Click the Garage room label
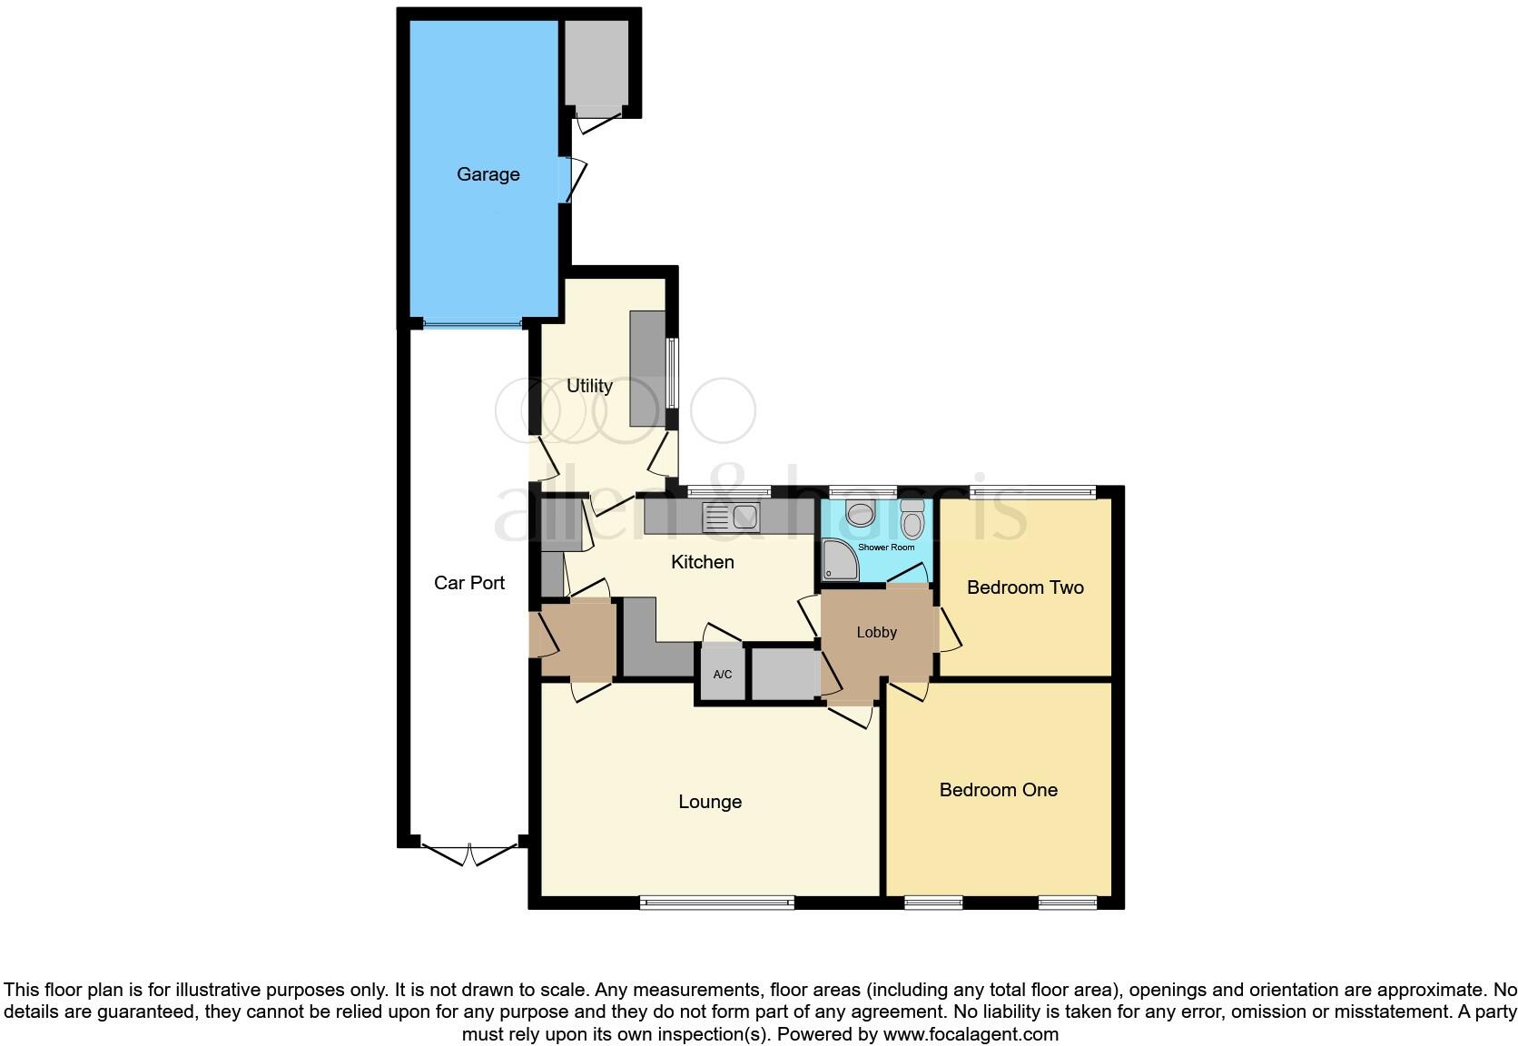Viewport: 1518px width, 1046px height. pyautogui.click(x=488, y=174)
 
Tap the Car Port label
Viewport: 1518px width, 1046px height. pyautogui.click(x=468, y=583)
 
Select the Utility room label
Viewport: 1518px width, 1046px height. pyautogui.click(x=589, y=386)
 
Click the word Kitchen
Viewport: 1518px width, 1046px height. pyautogui.click(x=702, y=562)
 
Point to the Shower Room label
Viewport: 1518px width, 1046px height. pyautogui.click(x=886, y=548)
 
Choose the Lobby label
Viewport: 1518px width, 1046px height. pyautogui.click(x=876, y=633)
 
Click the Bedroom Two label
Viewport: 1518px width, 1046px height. pyautogui.click(x=1025, y=587)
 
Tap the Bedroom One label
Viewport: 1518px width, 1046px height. pyautogui.click(x=998, y=790)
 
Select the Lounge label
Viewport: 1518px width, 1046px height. pyautogui.click(x=710, y=802)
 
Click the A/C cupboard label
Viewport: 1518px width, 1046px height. pyautogui.click(x=723, y=675)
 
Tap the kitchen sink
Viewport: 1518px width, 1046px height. pyautogui.click(x=731, y=517)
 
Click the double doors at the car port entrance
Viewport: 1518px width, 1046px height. pyautogui.click(x=469, y=854)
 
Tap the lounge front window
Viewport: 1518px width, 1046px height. pyautogui.click(x=716, y=902)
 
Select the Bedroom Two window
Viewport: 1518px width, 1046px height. pyautogui.click(x=1032, y=493)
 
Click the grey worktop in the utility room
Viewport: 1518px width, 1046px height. pyautogui.click(x=646, y=368)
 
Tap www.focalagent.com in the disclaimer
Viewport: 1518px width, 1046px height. pyautogui.click(x=970, y=1034)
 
